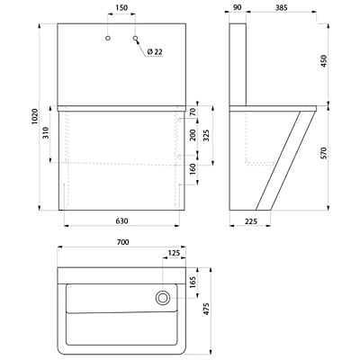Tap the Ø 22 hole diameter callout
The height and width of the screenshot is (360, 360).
point(154,52)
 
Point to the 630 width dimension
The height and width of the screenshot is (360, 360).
point(121,221)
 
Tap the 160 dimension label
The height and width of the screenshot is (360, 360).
point(192,167)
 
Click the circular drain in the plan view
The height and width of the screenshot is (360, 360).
point(163,298)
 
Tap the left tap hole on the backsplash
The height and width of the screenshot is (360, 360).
point(108,40)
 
